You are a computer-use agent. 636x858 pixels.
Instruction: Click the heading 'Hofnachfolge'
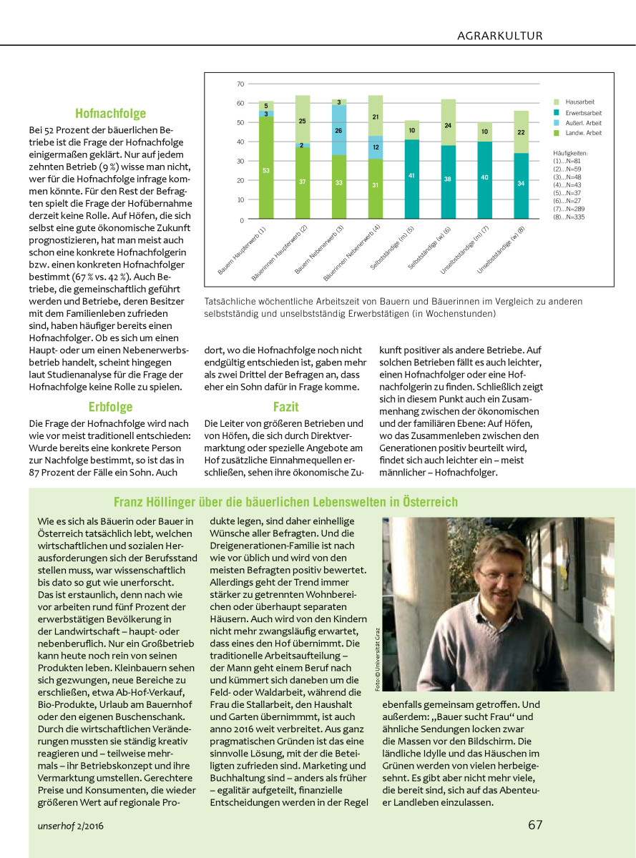(110, 113)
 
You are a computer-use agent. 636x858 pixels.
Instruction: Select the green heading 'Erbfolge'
(110, 408)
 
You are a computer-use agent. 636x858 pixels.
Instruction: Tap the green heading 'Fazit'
(285, 408)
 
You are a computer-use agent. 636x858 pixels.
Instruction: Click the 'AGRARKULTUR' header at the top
(500, 35)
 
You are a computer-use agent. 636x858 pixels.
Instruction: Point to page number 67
(535, 824)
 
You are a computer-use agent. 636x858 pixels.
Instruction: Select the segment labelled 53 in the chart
(266, 169)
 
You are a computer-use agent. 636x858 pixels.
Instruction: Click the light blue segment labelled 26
(338, 130)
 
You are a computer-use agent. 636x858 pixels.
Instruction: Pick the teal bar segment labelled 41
(411, 174)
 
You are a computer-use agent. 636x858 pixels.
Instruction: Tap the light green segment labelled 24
(448, 125)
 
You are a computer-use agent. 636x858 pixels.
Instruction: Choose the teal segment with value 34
(521, 183)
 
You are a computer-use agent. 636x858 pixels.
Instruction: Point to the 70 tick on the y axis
(240, 84)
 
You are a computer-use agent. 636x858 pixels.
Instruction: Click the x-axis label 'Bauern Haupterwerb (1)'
(243, 252)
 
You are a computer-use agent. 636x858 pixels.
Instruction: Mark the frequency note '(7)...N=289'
(569, 208)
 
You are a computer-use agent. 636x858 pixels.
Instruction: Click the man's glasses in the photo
(495, 573)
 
